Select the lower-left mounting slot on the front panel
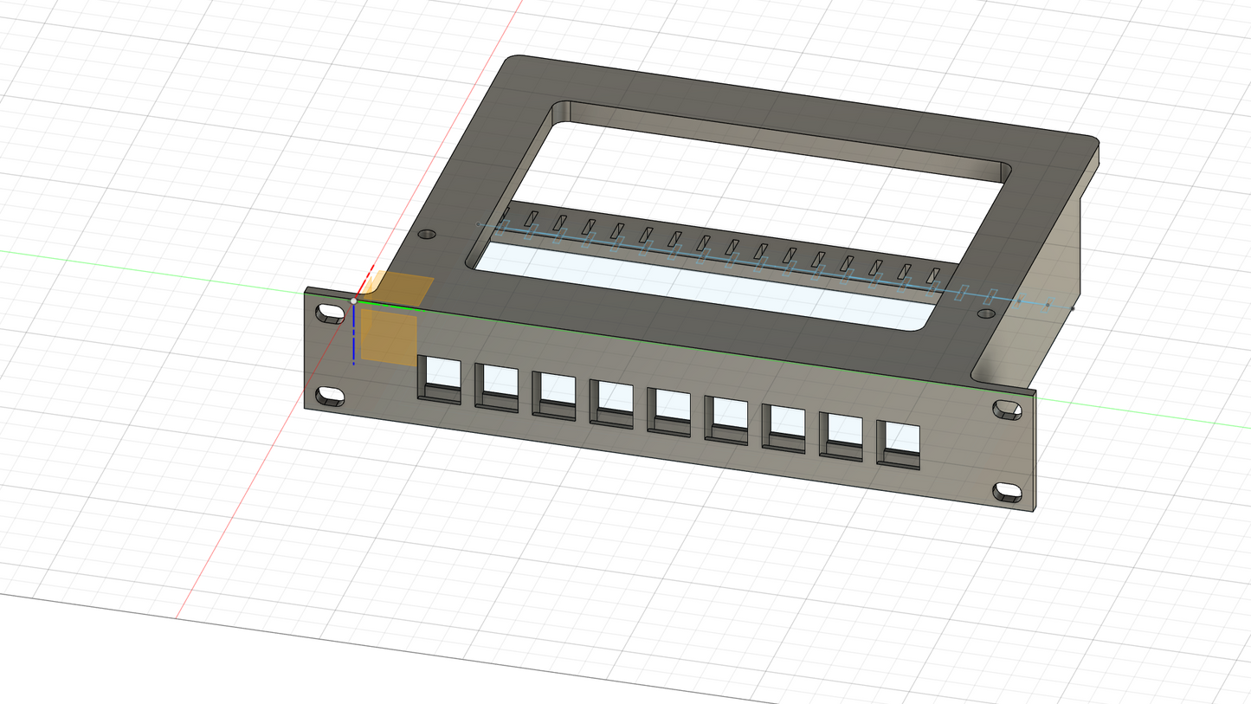point(331,397)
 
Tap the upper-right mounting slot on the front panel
point(1007,410)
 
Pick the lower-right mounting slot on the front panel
point(1007,493)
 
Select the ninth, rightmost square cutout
point(899,445)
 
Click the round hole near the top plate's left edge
point(427,234)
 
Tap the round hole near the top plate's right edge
point(986,313)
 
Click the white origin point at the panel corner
point(353,300)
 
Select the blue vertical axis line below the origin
point(353,338)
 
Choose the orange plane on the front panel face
point(389,338)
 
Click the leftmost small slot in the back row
point(504,214)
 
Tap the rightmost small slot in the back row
point(933,276)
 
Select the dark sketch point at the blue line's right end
point(1073,308)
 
